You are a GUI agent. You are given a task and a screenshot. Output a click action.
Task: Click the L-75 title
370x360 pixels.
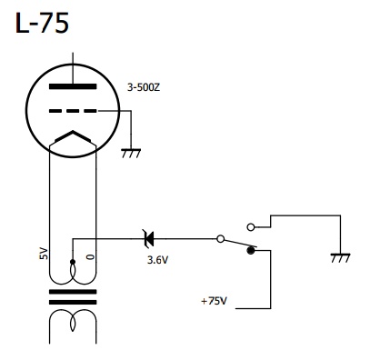click(42, 23)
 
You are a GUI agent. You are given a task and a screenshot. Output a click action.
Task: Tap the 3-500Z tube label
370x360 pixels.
click(144, 87)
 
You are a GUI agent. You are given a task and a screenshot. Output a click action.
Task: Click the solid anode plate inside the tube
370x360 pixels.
click(73, 86)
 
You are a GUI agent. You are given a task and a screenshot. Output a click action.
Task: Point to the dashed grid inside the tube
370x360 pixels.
click(73, 111)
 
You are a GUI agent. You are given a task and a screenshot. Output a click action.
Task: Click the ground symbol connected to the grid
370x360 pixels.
click(131, 153)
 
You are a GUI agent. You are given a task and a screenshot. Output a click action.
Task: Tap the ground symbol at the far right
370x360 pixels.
click(340, 257)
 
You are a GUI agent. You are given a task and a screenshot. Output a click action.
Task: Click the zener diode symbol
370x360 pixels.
click(149, 239)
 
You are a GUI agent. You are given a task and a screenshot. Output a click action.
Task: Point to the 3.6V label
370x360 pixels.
click(157, 260)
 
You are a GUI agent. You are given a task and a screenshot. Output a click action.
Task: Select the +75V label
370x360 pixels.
click(214, 301)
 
